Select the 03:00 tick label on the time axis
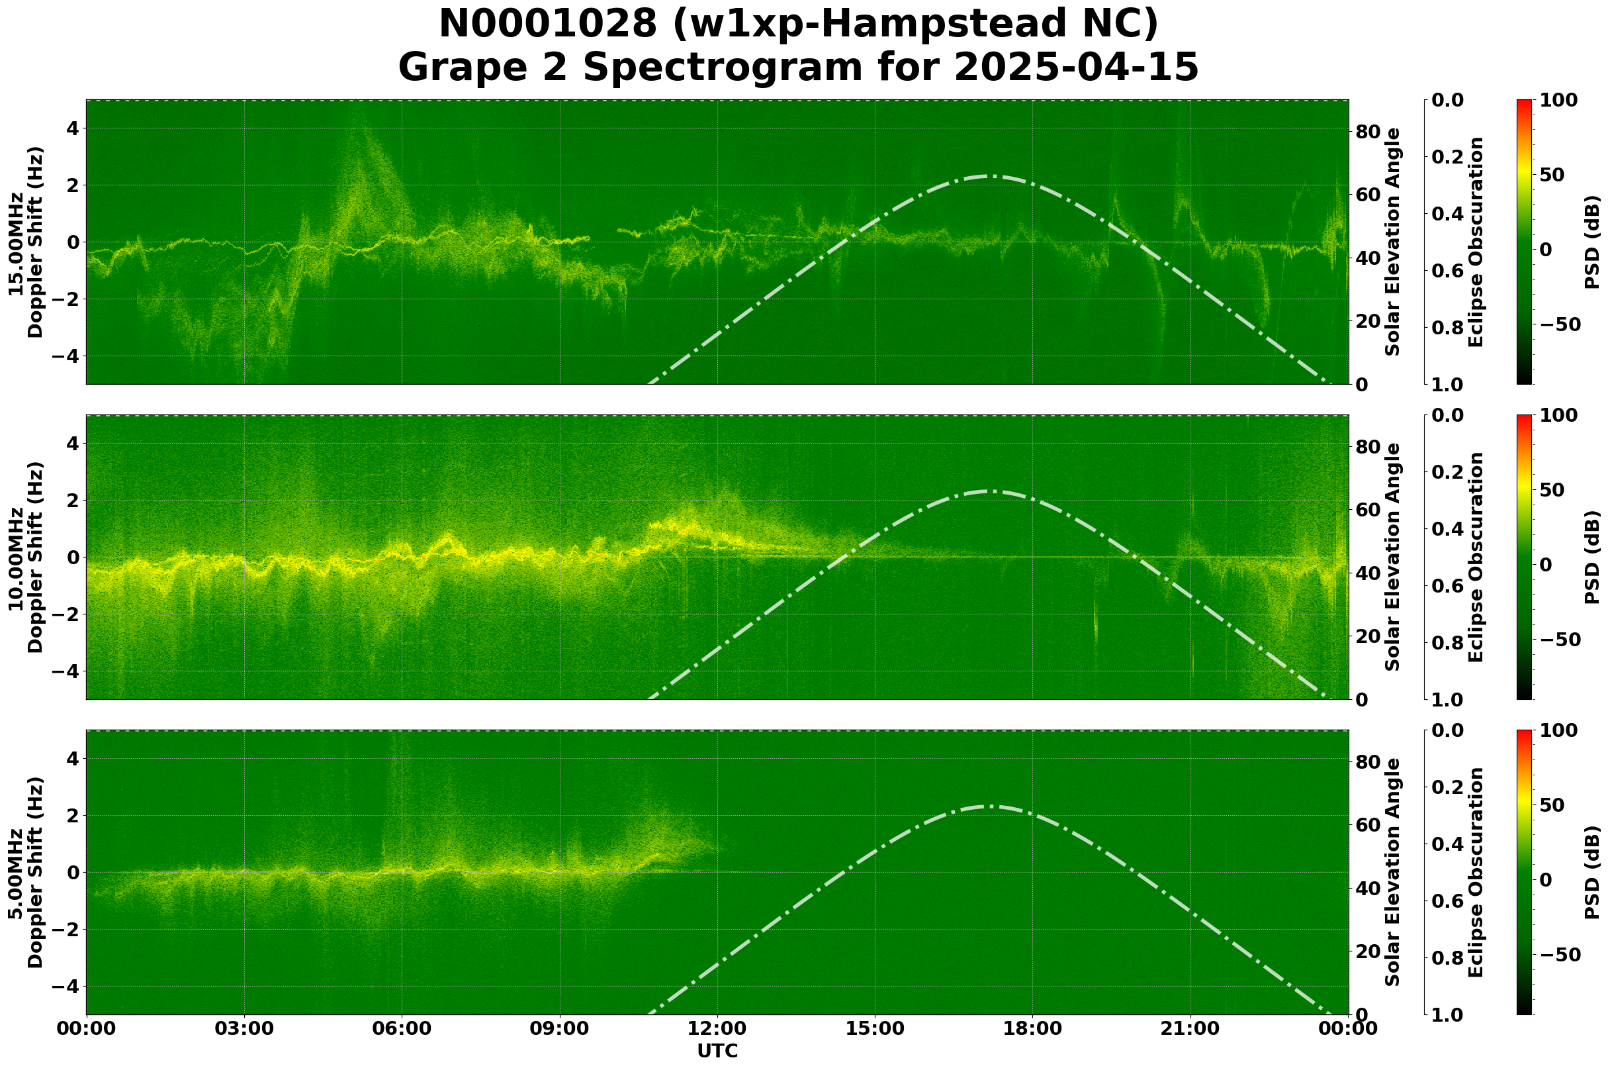coord(244,1029)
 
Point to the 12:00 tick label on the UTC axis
coord(717,1029)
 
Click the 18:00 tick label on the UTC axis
coord(1033,1029)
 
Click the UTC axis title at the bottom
coord(717,1051)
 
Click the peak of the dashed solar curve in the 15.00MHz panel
coord(987,175)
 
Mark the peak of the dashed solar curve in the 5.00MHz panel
coord(987,806)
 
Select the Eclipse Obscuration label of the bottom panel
coord(1476,873)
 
